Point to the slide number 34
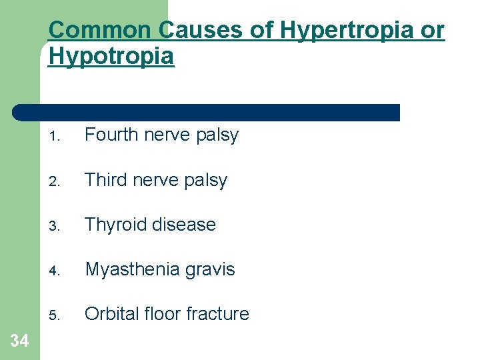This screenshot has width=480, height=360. [20, 341]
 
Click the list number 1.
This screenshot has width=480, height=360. [55, 137]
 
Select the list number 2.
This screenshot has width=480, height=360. [55, 181]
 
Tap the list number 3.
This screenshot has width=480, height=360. [55, 226]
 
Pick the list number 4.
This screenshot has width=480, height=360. [55, 271]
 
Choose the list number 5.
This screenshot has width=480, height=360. [55, 315]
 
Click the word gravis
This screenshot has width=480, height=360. [211, 269]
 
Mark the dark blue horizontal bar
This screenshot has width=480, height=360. [207, 112]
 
